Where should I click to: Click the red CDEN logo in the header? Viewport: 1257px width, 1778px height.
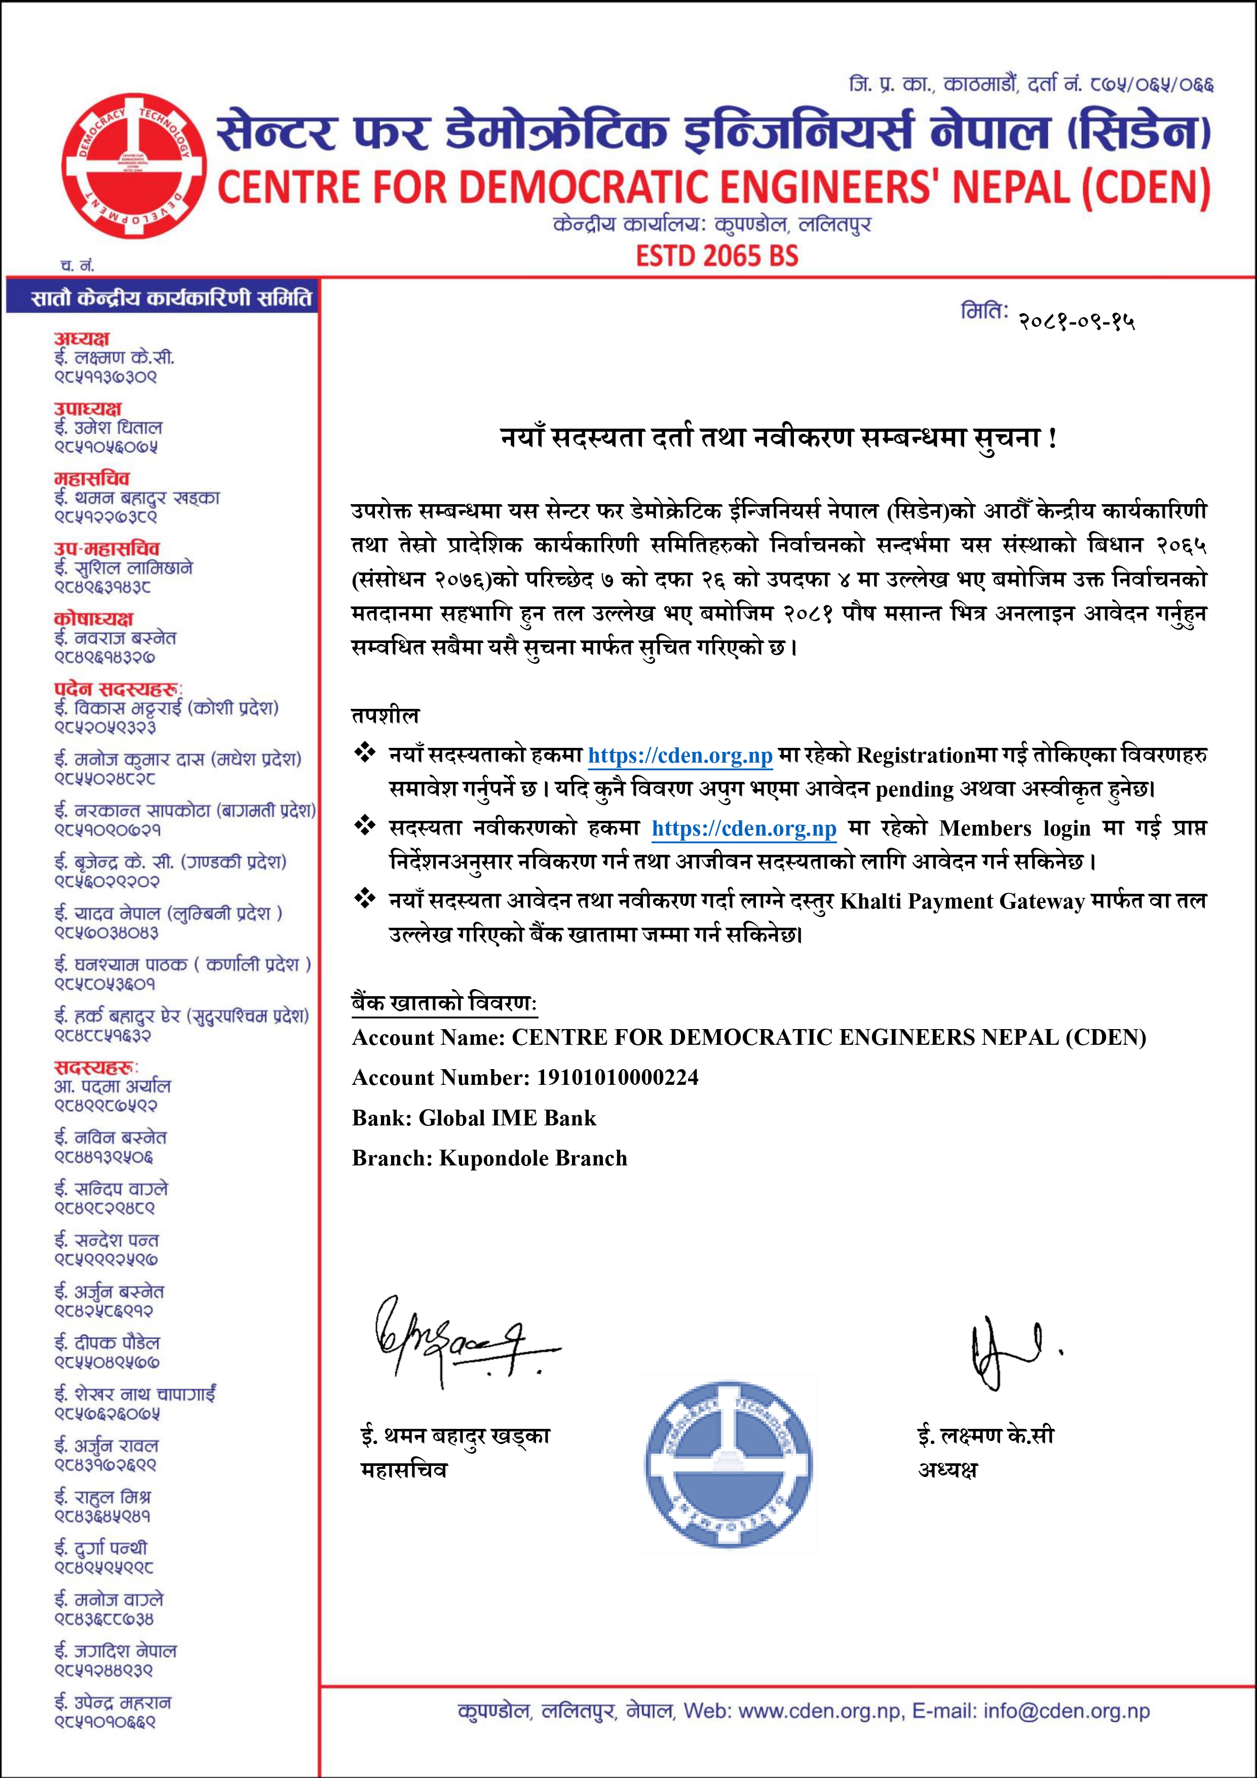click(133, 169)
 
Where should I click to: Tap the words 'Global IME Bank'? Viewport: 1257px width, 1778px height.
click(507, 1117)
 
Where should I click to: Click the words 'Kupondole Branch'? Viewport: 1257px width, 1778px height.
click(533, 1158)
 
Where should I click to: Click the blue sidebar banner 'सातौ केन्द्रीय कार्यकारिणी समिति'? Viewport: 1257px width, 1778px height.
click(163, 298)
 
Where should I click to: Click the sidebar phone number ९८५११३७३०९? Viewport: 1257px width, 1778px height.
click(105, 377)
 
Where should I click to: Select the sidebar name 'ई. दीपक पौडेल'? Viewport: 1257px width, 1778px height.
click(107, 1342)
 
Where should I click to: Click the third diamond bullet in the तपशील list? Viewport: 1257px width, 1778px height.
click(364, 899)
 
